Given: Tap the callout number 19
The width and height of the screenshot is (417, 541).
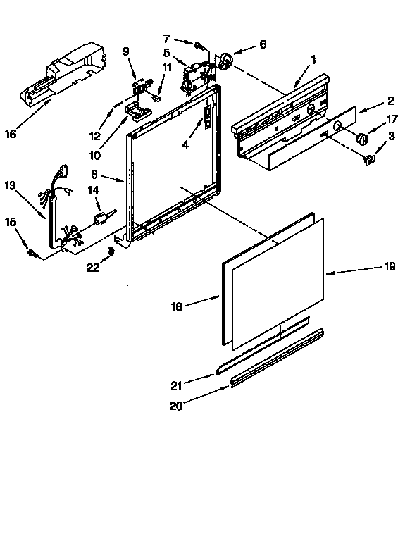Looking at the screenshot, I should [x=390, y=266].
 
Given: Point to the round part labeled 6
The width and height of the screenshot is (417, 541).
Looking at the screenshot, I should [x=225, y=62].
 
